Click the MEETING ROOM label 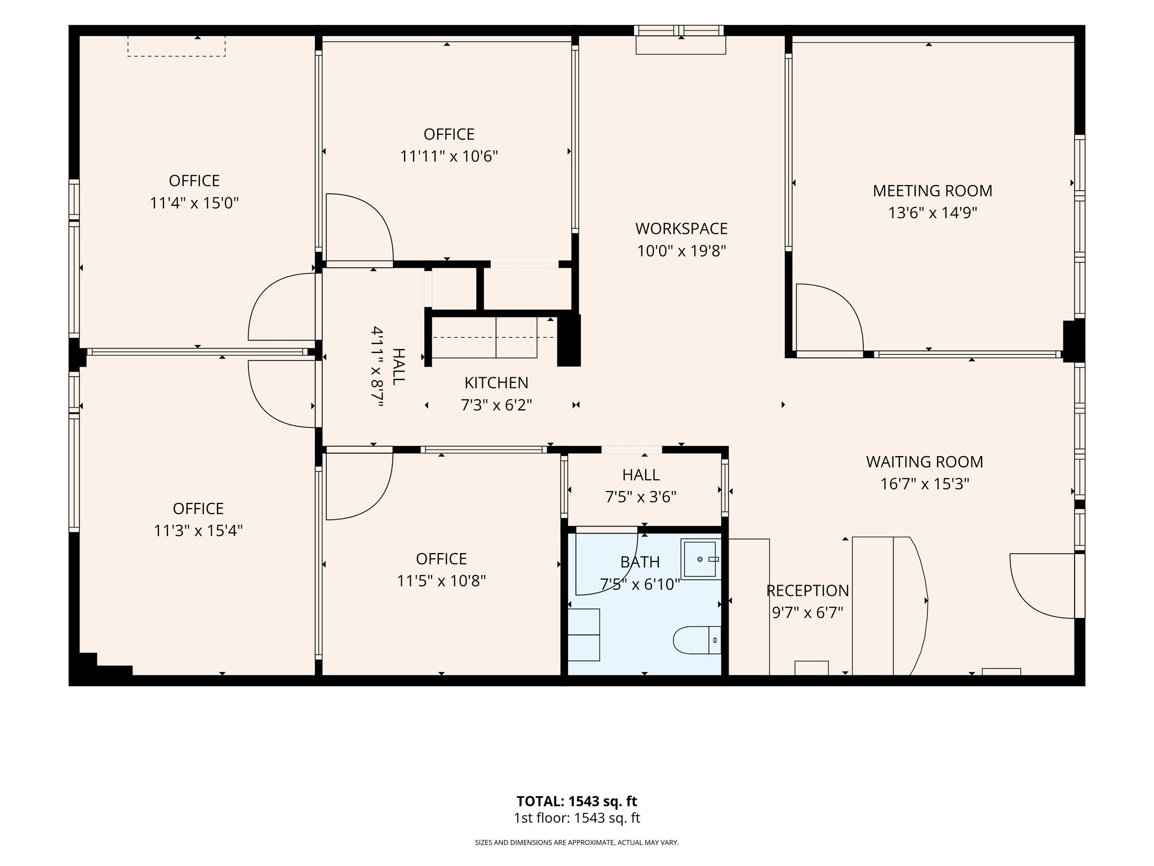click(933, 191)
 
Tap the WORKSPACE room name click(681, 229)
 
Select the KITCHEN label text click(496, 383)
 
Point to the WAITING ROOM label click(925, 462)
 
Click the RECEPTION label click(807, 591)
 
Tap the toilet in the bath click(697, 640)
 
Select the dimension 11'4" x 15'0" click(194, 203)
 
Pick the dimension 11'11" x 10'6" click(449, 156)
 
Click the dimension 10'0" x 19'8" click(681, 251)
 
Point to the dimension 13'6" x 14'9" click(933, 213)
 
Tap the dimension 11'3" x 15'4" click(198, 531)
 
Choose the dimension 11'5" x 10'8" click(441, 581)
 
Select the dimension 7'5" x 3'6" click(641, 497)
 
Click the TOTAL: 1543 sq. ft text click(576, 801)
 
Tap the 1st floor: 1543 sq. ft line click(576, 818)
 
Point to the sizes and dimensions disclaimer click(576, 843)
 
